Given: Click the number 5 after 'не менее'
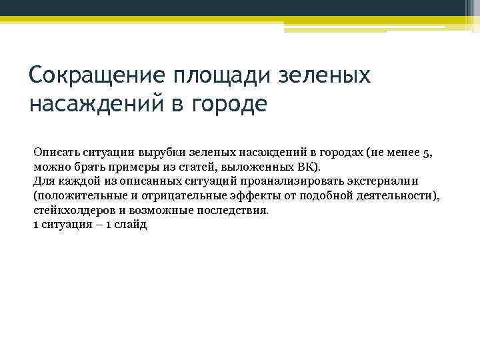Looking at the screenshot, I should tap(427, 152).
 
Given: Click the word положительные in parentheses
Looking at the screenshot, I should tap(75, 196).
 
